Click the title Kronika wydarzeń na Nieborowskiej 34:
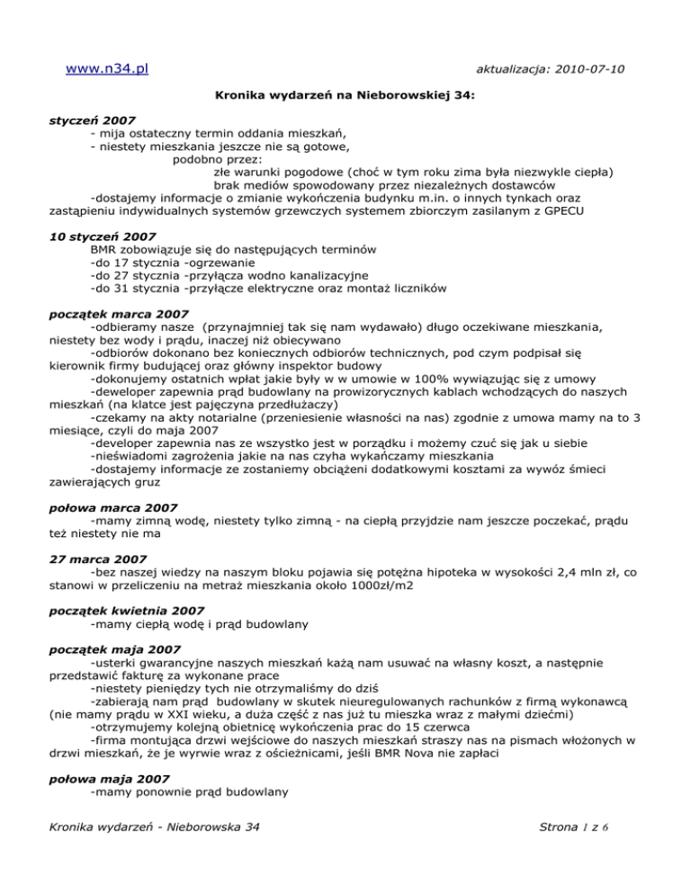click(345, 94)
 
